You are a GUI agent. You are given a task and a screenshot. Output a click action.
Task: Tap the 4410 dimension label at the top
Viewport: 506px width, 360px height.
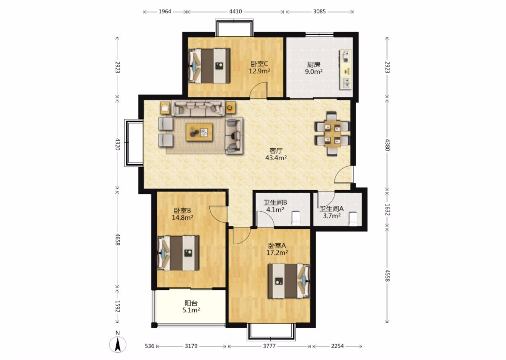click(235, 11)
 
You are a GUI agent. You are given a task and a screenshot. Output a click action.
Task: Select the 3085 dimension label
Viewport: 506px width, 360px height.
click(319, 11)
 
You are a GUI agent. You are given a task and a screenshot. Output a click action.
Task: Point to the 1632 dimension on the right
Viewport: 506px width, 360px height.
click(387, 210)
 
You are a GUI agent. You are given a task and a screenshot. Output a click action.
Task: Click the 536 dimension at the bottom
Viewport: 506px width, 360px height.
click(149, 346)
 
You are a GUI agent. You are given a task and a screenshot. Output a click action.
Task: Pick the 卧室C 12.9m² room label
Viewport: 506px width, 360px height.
click(260, 67)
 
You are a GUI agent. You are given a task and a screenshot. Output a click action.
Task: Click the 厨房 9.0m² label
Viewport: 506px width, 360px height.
click(314, 68)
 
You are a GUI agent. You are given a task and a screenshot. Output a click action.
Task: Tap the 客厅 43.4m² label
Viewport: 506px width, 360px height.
click(276, 154)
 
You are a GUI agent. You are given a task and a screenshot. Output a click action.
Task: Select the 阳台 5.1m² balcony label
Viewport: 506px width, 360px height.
click(191, 307)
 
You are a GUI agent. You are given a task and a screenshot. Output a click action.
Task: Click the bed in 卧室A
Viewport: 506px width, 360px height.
click(289, 281)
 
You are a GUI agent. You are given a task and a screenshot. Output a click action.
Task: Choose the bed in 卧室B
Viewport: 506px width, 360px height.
click(178, 253)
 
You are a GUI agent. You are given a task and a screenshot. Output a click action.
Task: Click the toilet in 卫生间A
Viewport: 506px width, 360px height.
click(353, 219)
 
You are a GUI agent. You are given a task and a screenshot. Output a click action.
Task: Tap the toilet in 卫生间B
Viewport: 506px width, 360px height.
click(296, 218)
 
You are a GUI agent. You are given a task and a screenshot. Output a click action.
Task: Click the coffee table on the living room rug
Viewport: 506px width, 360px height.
click(199, 132)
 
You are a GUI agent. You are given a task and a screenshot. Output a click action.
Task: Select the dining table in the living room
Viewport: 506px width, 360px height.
click(332, 134)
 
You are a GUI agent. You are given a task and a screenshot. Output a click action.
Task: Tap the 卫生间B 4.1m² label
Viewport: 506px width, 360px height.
click(275, 206)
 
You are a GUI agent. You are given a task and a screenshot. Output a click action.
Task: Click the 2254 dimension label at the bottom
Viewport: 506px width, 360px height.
click(337, 346)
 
